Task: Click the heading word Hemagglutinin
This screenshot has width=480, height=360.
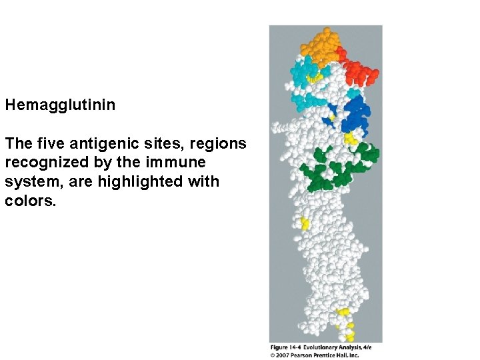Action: tap(60, 105)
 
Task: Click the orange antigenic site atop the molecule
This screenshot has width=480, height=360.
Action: tap(320, 45)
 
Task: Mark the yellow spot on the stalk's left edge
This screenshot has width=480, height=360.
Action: tap(305, 224)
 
